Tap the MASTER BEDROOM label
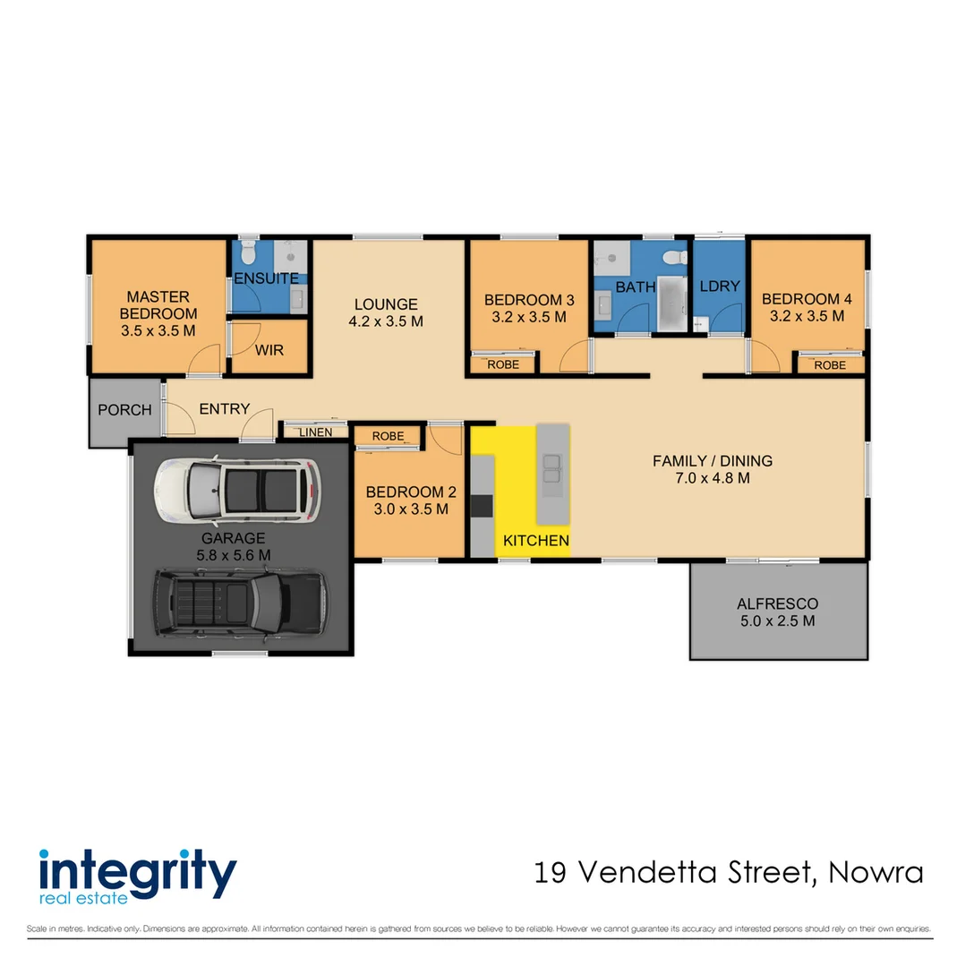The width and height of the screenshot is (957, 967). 158,313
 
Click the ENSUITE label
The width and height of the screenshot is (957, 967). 266,278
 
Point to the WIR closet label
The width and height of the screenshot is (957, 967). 269,350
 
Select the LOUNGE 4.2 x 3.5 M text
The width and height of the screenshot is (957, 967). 386,312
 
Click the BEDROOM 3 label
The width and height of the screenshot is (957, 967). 528,308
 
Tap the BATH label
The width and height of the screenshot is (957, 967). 635,287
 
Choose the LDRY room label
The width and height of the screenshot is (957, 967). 720,287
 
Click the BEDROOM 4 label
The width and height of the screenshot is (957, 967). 807,307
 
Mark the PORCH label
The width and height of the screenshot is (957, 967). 124,410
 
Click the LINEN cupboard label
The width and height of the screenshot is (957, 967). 315,432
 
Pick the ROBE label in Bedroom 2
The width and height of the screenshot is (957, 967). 388,437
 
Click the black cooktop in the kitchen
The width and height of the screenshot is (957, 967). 482,506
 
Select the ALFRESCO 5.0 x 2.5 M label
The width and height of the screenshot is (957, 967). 777,612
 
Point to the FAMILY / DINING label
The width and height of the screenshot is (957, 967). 712,469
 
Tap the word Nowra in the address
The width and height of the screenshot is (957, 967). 876,871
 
